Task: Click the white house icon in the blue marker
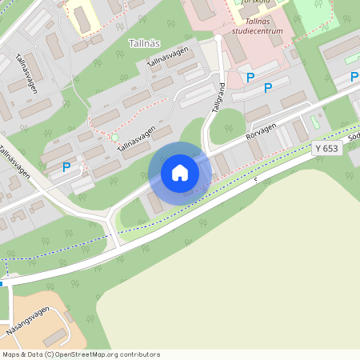click(180, 173)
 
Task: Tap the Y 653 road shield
click(327, 148)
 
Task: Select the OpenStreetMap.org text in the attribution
click(88, 354)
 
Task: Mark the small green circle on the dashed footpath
click(115, 138)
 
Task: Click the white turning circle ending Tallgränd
click(218, 38)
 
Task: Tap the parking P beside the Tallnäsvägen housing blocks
click(66, 167)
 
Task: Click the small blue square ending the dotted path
click(2, 283)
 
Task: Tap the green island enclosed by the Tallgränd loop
click(226, 126)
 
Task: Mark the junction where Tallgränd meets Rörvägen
click(206, 150)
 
